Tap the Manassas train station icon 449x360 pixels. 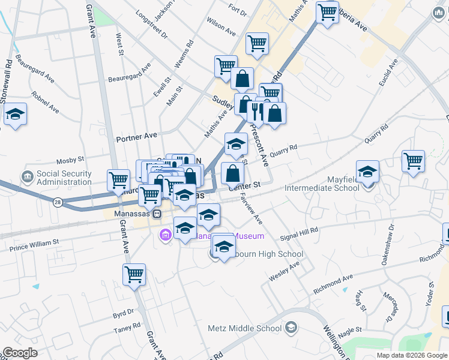coord(157,214)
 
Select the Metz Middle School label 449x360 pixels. coord(244,328)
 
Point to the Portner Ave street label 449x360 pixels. coord(137,137)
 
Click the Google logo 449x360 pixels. coord(20,353)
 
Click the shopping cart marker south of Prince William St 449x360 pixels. coord(134,274)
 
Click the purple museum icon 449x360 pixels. coord(165,235)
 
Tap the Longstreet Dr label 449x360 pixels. coord(152,24)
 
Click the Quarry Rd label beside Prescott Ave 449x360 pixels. coord(283,151)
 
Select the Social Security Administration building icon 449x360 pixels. coord(27,178)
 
